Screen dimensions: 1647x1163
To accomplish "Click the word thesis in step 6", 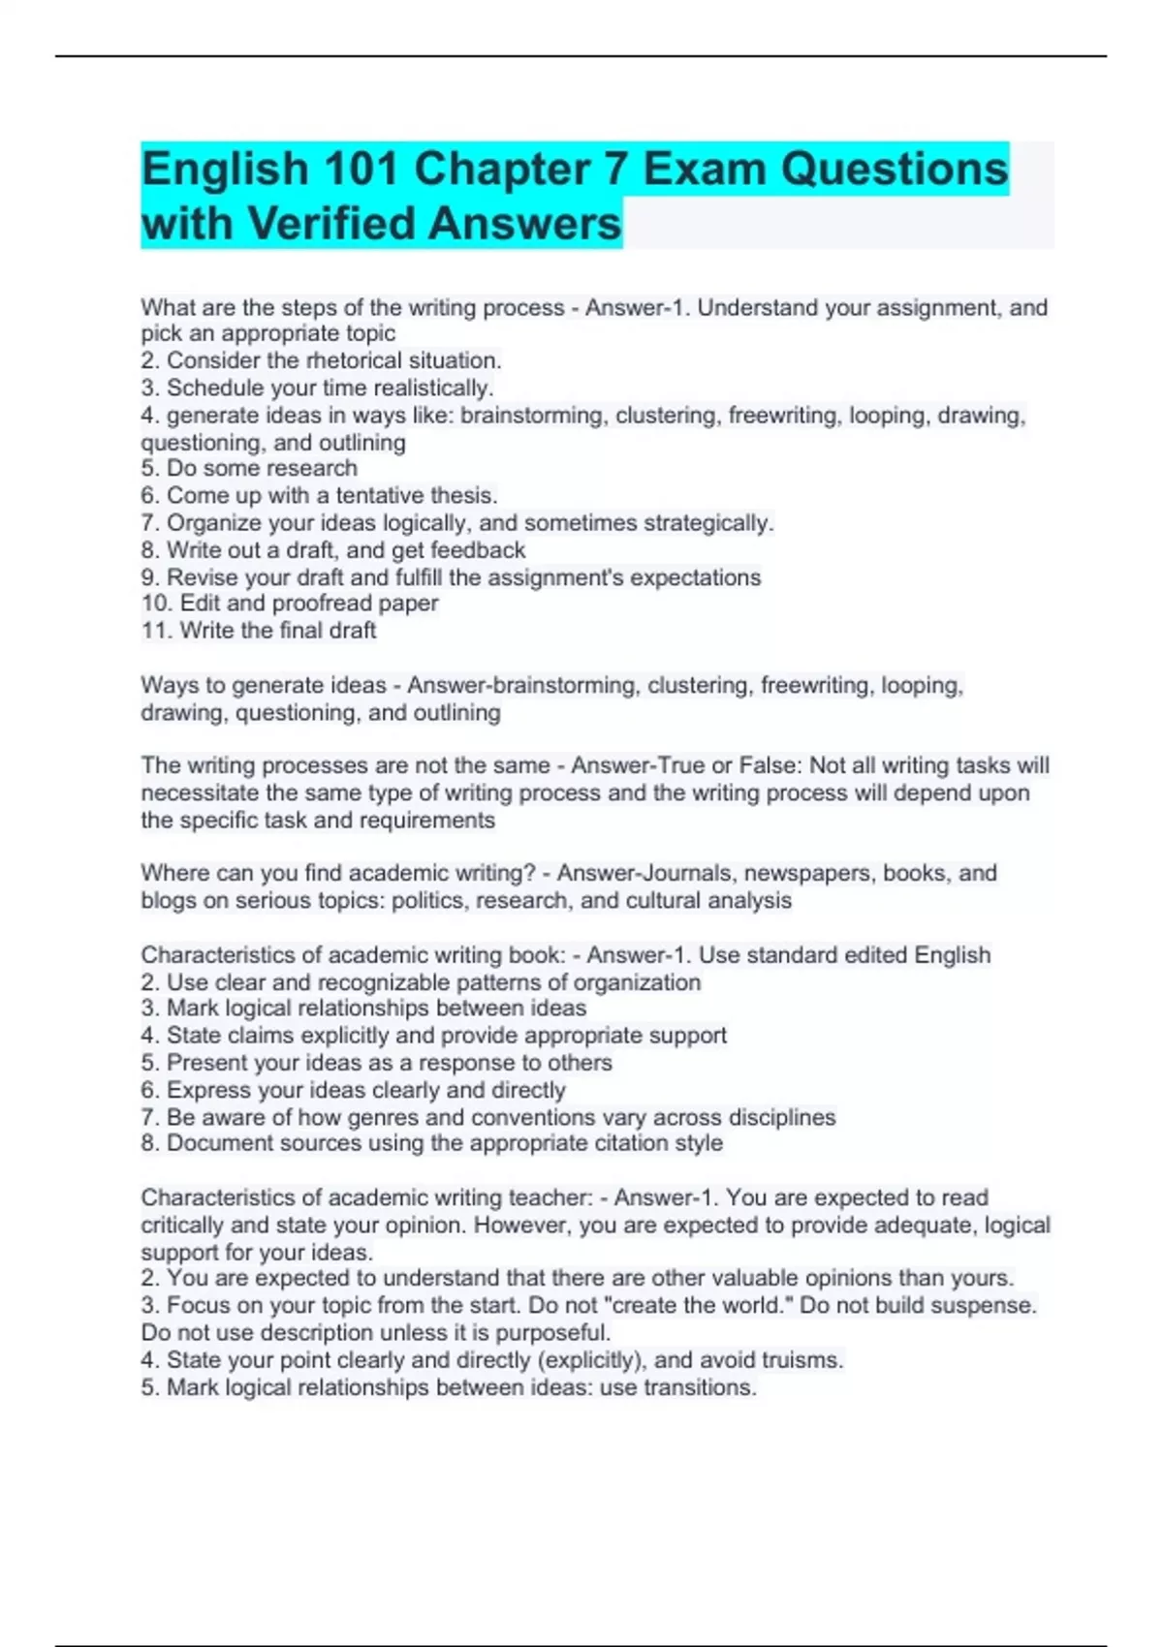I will point(464,496).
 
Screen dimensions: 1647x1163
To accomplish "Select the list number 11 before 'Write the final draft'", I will point(156,631).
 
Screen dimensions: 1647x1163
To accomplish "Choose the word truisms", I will point(802,1360).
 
